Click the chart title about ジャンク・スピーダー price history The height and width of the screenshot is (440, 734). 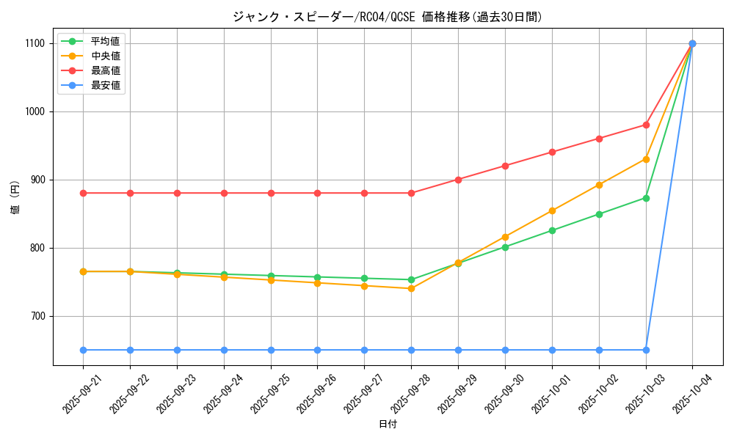click(387, 17)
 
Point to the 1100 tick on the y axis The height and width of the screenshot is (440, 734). click(34, 43)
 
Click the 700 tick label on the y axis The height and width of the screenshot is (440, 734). click(36, 316)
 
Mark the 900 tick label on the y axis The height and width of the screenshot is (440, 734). click(36, 180)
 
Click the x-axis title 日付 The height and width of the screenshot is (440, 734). click(387, 425)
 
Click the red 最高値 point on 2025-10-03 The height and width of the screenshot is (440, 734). click(646, 125)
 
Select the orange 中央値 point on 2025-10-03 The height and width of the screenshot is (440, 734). click(646, 159)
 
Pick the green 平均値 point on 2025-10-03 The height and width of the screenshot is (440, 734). click(646, 198)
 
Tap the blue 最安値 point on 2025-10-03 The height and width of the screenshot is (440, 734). click(646, 350)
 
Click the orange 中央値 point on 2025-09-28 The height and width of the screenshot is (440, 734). click(411, 288)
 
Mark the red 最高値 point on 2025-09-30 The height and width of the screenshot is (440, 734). click(505, 166)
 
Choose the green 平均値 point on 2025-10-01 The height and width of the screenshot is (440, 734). click(552, 230)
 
